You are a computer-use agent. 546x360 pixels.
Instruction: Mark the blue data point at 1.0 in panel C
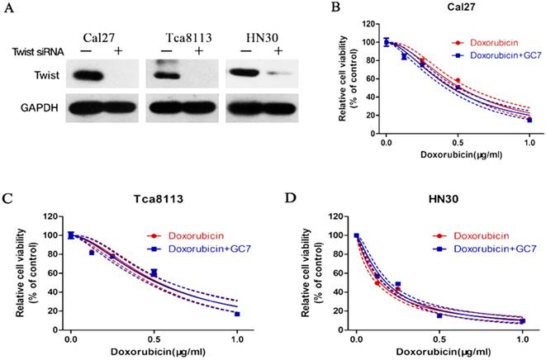[x=237, y=315]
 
